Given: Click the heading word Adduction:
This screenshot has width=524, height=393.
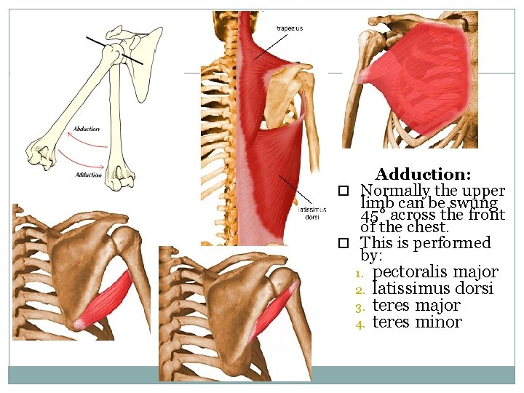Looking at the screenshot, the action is (x=423, y=175).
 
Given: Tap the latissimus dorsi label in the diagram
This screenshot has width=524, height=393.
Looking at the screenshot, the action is (x=308, y=213).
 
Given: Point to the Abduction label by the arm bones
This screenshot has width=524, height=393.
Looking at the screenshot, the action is (x=87, y=130).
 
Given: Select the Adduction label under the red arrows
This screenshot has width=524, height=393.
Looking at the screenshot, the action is (x=88, y=175).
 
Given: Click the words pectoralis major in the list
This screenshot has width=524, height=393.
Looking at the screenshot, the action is (x=435, y=272).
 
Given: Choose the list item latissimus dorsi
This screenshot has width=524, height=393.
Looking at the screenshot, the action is (x=432, y=289).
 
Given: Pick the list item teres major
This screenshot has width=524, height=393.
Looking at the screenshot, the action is (x=416, y=306).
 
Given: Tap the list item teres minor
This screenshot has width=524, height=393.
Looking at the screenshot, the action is (x=416, y=322).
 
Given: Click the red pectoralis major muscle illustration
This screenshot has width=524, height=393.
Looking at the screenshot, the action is (x=422, y=73).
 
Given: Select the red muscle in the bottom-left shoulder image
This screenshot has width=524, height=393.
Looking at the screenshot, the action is (x=108, y=299).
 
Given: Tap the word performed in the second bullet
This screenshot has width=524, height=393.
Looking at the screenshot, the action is (x=456, y=243).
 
